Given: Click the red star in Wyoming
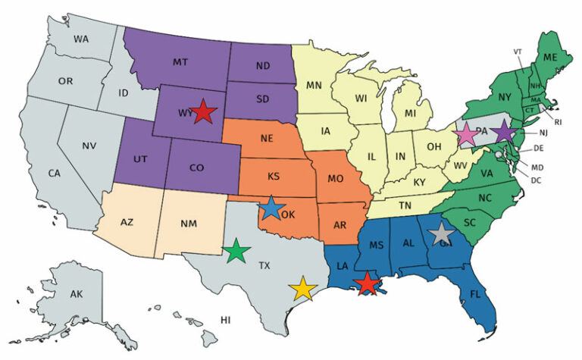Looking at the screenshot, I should [x=202, y=112].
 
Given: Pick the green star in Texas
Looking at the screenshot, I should [x=237, y=250].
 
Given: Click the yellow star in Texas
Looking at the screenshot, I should [x=303, y=288].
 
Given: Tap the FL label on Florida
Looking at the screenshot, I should [x=475, y=293].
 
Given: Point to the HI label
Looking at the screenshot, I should [x=225, y=320].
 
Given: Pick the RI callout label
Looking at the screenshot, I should [x=559, y=121].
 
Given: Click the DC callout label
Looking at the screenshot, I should [x=537, y=180].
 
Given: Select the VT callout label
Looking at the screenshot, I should [x=518, y=52].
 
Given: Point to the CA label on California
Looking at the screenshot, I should [x=54, y=174].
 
